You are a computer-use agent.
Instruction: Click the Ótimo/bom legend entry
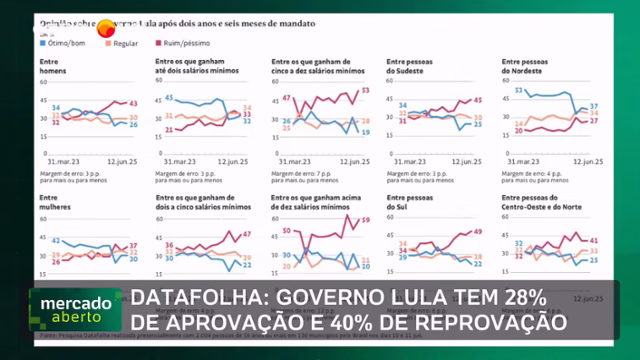click(65, 44)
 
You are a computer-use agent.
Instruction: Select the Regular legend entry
click(123, 44)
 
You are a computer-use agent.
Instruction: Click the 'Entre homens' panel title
click(49, 68)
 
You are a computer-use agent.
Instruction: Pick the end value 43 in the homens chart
click(134, 103)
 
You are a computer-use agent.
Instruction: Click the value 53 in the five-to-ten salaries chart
click(366, 91)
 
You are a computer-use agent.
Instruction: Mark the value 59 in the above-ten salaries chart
click(366, 220)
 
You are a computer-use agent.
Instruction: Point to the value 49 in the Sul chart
click(479, 231)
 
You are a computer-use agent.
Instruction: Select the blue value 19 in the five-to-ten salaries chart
click(366, 131)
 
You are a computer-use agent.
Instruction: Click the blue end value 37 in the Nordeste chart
click(594, 106)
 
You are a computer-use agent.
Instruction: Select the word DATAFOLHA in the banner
click(195, 298)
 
